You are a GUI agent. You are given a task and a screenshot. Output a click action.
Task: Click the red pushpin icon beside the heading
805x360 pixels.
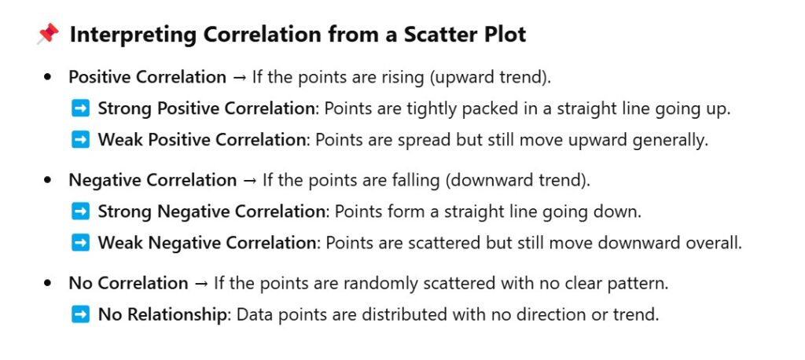pyautogui.click(x=48, y=35)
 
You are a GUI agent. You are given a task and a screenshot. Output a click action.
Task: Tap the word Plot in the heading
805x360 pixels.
pyautogui.click(x=505, y=35)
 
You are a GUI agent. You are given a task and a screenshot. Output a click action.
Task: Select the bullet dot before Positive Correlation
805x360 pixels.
pyautogui.click(x=48, y=78)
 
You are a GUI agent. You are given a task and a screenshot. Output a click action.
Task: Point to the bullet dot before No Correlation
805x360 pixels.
pyautogui.click(x=48, y=284)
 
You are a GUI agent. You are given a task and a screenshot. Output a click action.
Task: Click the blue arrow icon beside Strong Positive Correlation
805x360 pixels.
pyautogui.click(x=80, y=108)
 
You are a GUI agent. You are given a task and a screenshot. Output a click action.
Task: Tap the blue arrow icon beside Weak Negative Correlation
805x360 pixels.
pyautogui.click(x=80, y=242)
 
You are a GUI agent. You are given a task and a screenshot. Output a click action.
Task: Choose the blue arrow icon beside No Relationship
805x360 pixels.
pyautogui.click(x=80, y=314)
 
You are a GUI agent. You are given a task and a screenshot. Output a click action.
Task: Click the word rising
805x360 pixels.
pyautogui.click(x=402, y=78)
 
